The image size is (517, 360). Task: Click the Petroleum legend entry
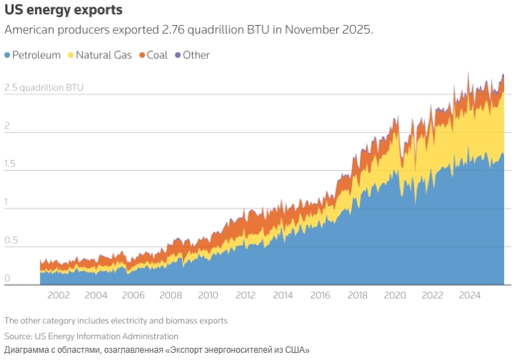[37, 55]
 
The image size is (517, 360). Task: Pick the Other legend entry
[196, 55]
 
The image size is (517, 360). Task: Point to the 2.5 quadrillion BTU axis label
[44, 88]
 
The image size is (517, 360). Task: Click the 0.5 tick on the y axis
[11, 240]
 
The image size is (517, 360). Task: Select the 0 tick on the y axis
[7, 278]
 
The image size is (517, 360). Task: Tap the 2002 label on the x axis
[58, 295]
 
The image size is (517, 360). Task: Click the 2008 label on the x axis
[171, 295]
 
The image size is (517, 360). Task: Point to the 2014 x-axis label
[283, 295]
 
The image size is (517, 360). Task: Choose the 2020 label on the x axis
[394, 295]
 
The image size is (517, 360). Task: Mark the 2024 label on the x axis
[469, 295]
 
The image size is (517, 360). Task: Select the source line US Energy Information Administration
[106, 336]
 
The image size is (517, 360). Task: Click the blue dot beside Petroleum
[7, 55]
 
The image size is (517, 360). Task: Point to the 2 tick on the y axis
[7, 126]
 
